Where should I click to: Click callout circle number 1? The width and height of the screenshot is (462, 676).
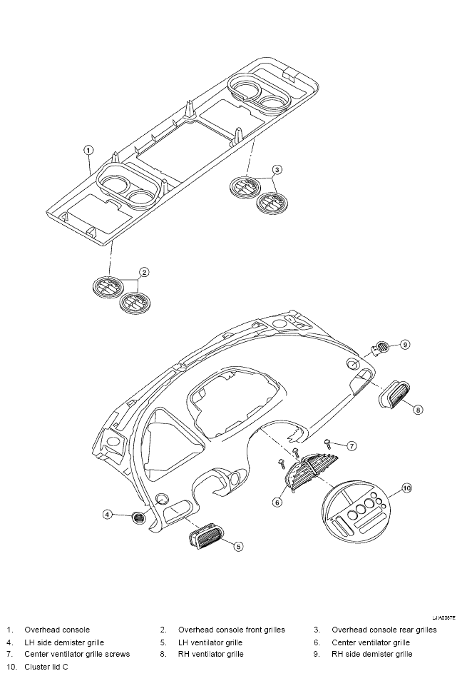pos(88,150)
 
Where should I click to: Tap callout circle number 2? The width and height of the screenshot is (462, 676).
pos(144,272)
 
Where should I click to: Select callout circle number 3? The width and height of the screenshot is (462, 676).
pos(277,170)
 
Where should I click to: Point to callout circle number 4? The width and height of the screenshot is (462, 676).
pos(108,514)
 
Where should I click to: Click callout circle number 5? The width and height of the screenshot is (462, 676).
pos(238,546)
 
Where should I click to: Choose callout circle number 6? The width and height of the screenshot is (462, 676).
pos(278,503)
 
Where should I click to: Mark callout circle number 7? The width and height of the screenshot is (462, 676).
pos(352,445)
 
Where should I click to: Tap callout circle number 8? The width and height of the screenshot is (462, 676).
pos(418,410)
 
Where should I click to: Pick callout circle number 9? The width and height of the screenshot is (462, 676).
pos(405,345)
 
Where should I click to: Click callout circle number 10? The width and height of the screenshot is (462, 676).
pos(406,488)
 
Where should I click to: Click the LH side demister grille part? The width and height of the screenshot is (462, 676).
pos(138,517)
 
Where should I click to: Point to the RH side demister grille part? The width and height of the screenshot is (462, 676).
pos(379,348)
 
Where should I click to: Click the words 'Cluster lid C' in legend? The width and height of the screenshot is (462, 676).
pos(46,667)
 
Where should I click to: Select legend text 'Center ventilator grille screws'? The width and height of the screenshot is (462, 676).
pos(77,654)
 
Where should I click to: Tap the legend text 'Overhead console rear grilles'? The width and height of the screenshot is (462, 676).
pos(384,630)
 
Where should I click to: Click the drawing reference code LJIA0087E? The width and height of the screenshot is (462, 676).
pos(444,617)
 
